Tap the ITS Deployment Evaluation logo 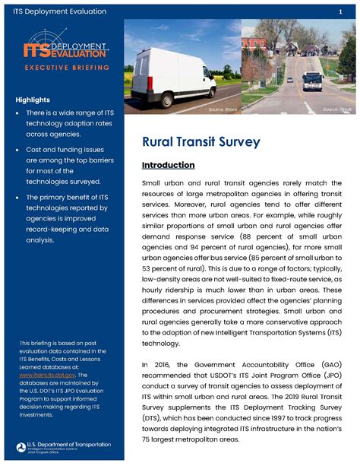65,52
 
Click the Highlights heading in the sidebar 33,100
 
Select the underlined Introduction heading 169,165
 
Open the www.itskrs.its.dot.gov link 44,375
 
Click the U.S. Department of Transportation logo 63,447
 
